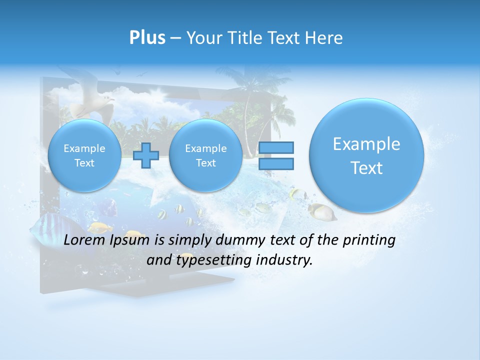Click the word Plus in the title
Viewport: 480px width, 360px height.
(x=147, y=37)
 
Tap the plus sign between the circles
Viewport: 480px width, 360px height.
(x=146, y=155)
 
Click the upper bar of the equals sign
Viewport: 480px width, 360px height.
(x=276, y=147)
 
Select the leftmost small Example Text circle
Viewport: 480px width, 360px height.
(x=84, y=155)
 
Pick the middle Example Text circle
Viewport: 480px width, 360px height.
(x=205, y=155)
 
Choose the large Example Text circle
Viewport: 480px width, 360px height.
(x=366, y=155)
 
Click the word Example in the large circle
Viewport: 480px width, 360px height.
(x=366, y=144)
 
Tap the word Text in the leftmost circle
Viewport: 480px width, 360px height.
(x=84, y=163)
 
